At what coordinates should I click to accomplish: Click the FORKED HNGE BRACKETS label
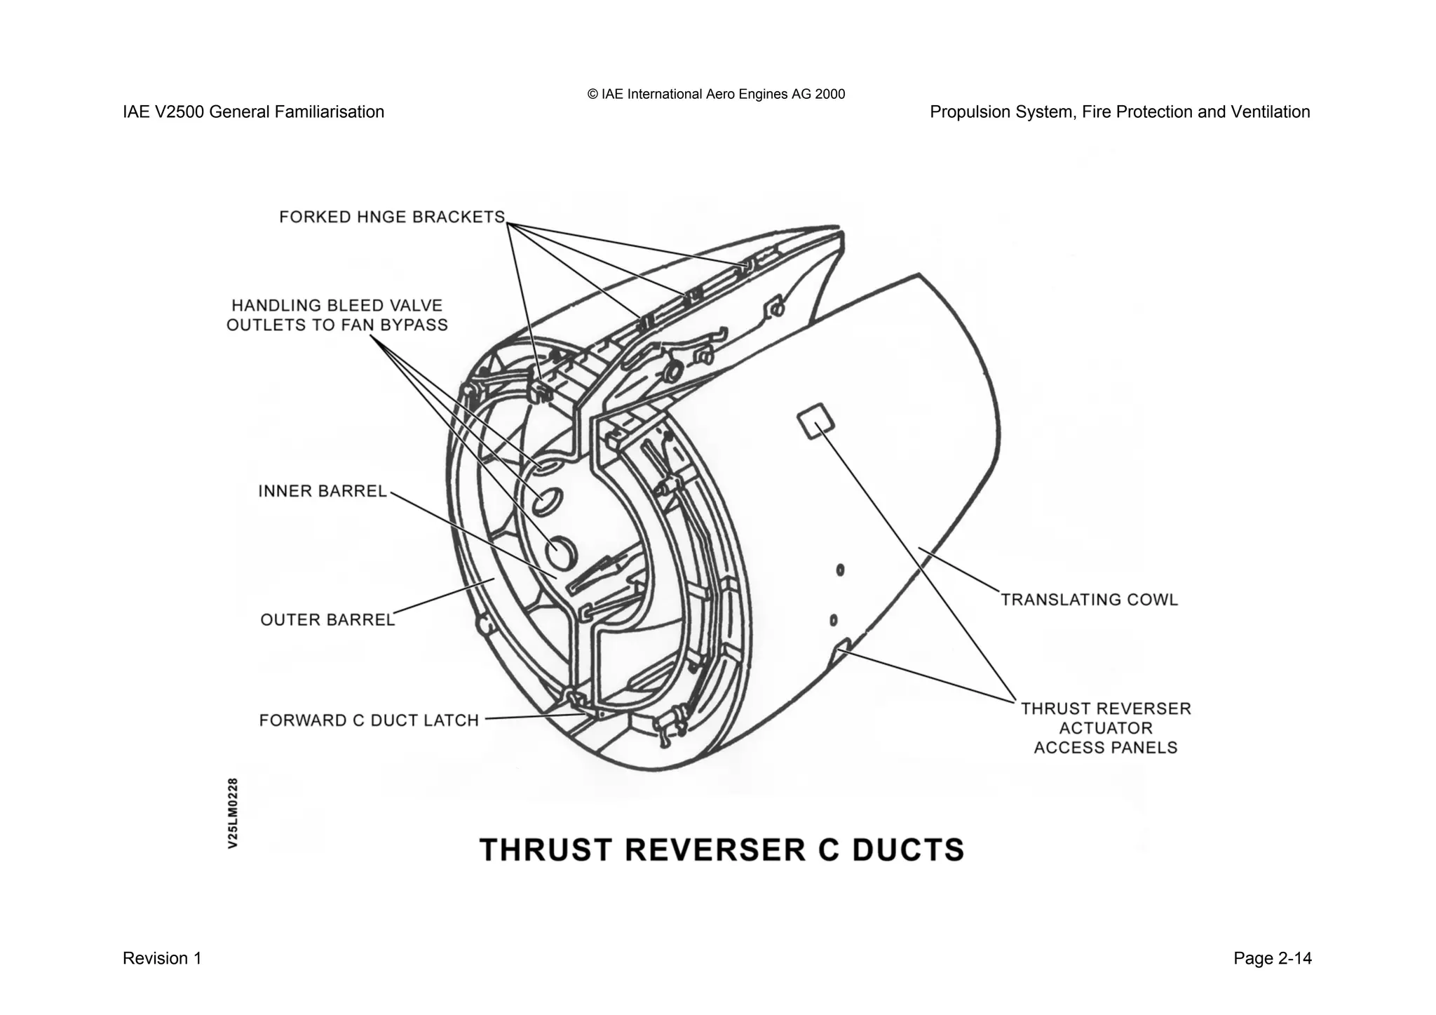coord(391,217)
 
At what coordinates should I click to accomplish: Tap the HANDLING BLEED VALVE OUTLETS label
coord(337,316)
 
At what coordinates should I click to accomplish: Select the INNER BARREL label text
coord(323,491)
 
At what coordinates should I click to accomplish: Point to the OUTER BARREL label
coord(327,620)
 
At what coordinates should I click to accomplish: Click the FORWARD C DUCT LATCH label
coord(369,720)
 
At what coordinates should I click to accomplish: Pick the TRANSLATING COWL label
coord(1089,600)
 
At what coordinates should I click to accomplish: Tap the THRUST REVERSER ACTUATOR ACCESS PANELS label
coord(1106,728)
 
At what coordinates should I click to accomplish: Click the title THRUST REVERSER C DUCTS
coord(722,850)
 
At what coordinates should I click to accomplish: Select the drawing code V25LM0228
coord(233,813)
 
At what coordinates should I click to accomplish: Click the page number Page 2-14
coord(1272,958)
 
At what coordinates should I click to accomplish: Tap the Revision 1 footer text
coord(162,958)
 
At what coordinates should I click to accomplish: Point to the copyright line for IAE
coord(716,94)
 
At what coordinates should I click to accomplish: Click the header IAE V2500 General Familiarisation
coord(253,112)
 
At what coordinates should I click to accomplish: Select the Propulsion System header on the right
coord(1119,112)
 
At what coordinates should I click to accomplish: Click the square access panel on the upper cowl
coord(815,421)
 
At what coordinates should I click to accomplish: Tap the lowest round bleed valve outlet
coord(560,552)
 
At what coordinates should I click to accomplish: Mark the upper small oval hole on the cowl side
coord(840,570)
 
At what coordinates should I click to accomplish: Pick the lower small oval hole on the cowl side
coord(833,620)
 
